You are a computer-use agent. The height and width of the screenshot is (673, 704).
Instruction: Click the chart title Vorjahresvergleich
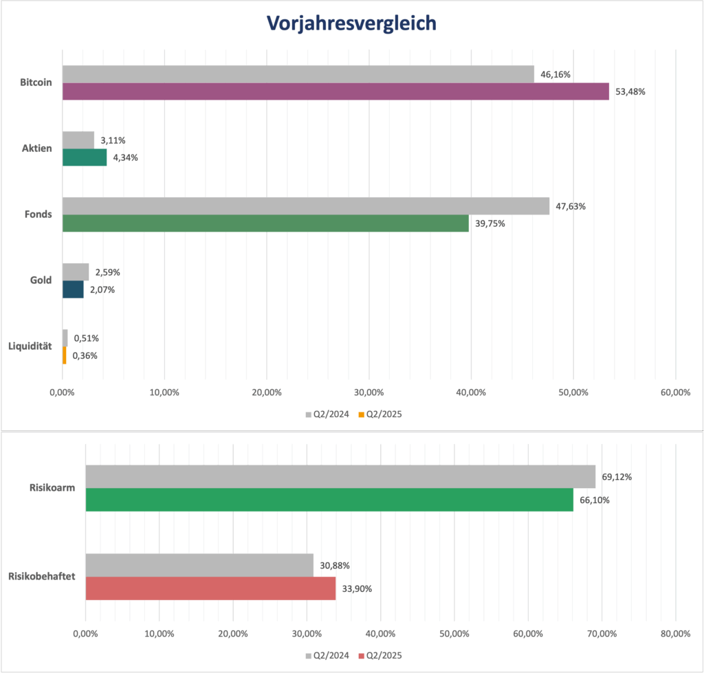[351, 23]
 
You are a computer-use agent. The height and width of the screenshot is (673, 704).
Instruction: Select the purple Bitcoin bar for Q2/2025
[335, 91]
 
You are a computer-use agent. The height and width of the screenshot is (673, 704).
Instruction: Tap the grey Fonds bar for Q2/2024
[306, 206]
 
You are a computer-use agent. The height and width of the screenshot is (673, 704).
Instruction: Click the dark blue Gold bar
[73, 289]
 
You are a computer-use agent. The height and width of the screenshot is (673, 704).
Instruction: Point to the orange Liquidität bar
[65, 355]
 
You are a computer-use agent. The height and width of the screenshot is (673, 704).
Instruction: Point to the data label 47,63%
[571, 206]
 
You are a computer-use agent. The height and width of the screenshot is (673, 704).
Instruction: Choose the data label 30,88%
[335, 566]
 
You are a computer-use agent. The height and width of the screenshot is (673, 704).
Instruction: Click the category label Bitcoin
[36, 82]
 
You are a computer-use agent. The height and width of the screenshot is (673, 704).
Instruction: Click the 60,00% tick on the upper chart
[675, 392]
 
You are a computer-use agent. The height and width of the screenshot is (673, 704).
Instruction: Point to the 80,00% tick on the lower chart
[675, 633]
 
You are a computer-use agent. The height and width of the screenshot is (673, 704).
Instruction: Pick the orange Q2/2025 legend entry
[379, 415]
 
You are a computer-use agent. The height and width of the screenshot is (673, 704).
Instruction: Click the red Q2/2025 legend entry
[379, 656]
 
